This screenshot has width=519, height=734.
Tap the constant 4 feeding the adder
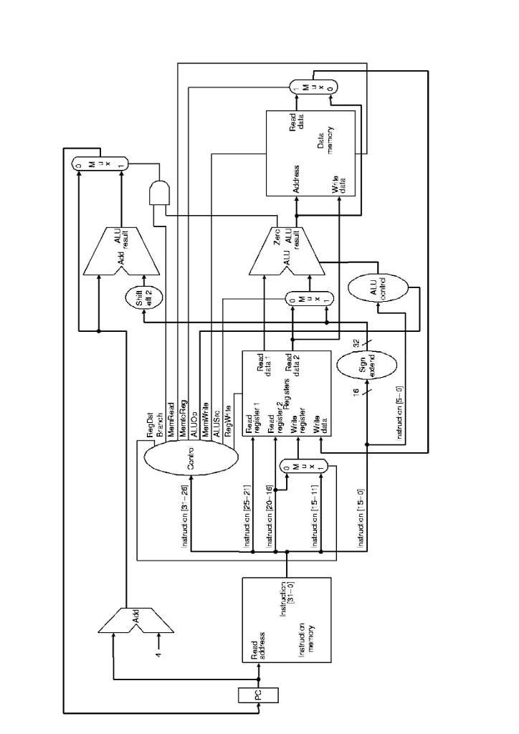point(159,653)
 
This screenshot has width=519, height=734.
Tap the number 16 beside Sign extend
point(356,391)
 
